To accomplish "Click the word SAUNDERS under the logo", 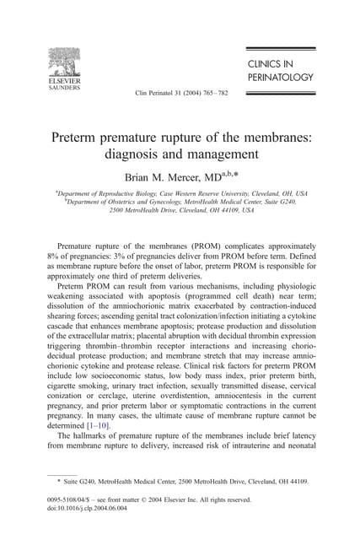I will click(64, 86).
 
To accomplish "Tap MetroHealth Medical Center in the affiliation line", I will click(223, 202).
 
